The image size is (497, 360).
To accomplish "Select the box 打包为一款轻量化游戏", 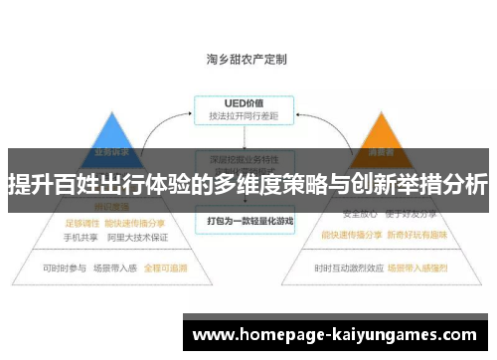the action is pyautogui.click(x=248, y=218).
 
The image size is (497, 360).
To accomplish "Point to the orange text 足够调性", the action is pyautogui.click(x=83, y=223).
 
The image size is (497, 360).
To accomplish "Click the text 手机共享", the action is pyautogui.click(x=83, y=238).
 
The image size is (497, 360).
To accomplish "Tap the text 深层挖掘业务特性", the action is pyautogui.click(x=248, y=158).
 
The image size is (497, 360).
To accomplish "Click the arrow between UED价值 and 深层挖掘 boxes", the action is pyautogui.click(x=248, y=137).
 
